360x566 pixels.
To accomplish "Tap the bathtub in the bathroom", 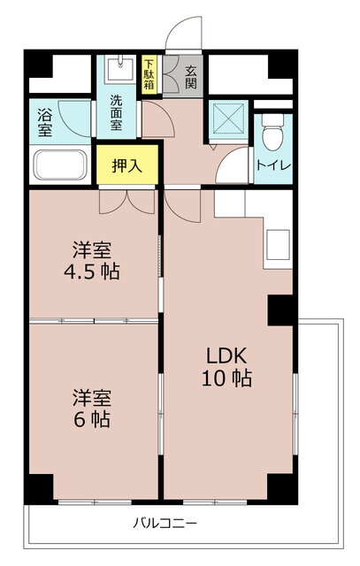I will click(x=59, y=165).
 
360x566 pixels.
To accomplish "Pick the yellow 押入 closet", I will click(x=126, y=164).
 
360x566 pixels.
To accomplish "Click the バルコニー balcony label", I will click(x=165, y=523).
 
